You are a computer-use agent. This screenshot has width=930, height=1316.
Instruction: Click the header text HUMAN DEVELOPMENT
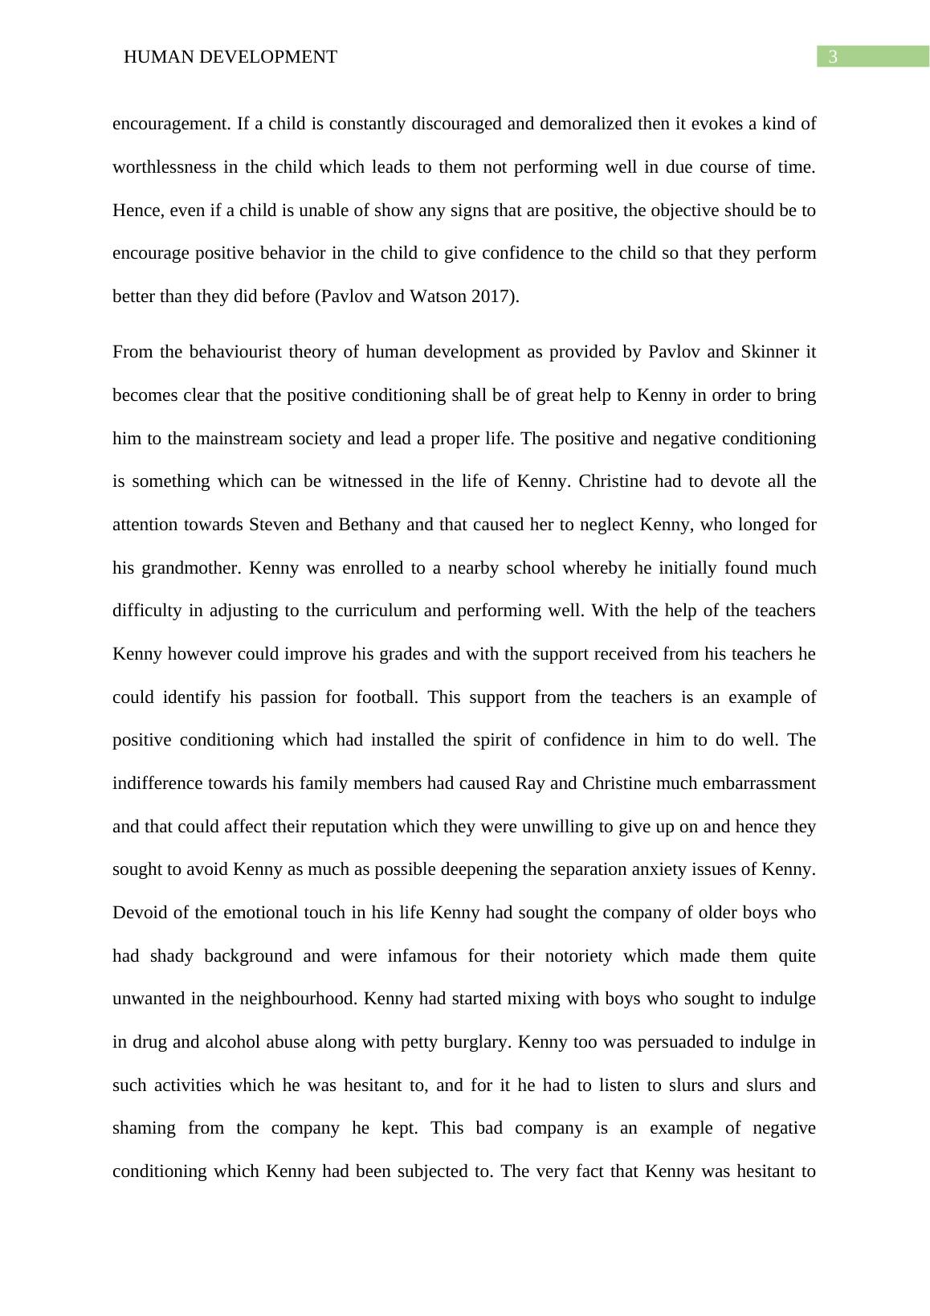point(230,57)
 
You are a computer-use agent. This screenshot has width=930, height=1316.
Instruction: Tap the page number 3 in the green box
point(833,57)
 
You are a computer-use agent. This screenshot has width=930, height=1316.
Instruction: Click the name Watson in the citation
point(438,296)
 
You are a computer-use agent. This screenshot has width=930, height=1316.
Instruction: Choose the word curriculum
point(375,611)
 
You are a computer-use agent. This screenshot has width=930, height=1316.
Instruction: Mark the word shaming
point(144,1129)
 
